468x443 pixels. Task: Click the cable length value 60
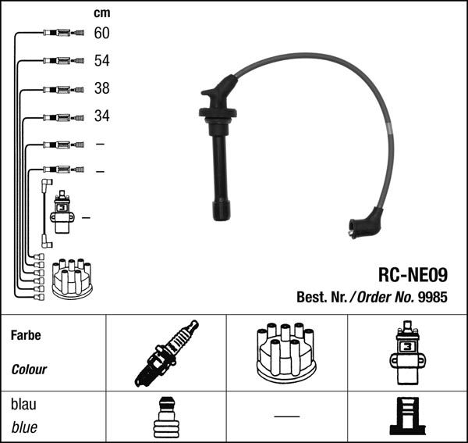click(101, 33)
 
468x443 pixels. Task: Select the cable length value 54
click(101, 61)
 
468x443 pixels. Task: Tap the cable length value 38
click(101, 88)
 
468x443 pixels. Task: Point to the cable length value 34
click(101, 116)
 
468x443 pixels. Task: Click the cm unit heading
click(101, 13)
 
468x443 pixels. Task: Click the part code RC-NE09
click(413, 275)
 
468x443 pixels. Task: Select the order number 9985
click(433, 297)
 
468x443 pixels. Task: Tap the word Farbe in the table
click(26, 335)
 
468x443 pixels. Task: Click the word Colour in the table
click(29, 370)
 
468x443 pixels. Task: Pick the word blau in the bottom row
click(23, 404)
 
